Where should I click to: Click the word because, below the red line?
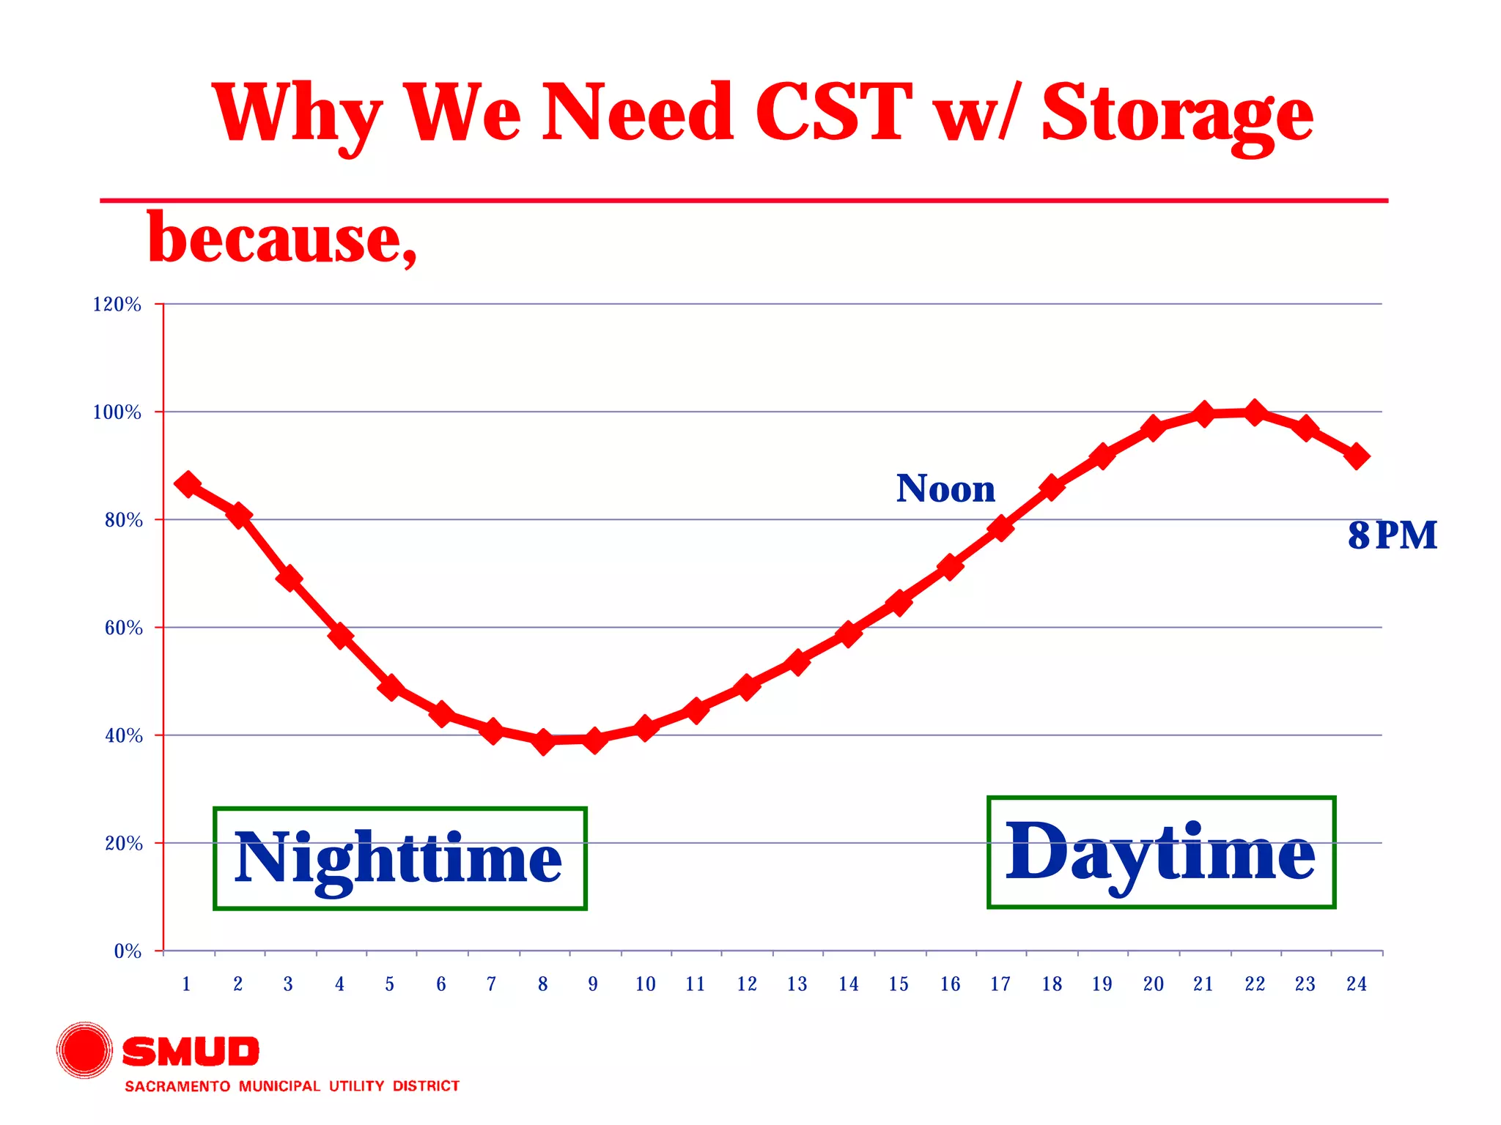282,239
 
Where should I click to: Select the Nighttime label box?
399,858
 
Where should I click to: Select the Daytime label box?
1161,853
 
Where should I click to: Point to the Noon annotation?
945,489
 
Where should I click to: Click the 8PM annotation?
1392,535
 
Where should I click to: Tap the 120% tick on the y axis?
117,304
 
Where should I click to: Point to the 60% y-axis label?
123,628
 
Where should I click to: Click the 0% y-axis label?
128,951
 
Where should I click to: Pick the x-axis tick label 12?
746,984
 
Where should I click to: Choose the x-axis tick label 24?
1356,984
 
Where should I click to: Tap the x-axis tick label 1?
186,984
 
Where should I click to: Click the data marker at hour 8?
543,741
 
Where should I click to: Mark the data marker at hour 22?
1255,413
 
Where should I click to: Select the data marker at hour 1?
188,484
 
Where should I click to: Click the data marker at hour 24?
1356,456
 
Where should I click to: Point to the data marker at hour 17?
1000,527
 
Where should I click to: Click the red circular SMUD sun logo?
85,1050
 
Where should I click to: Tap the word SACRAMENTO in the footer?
177,1086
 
